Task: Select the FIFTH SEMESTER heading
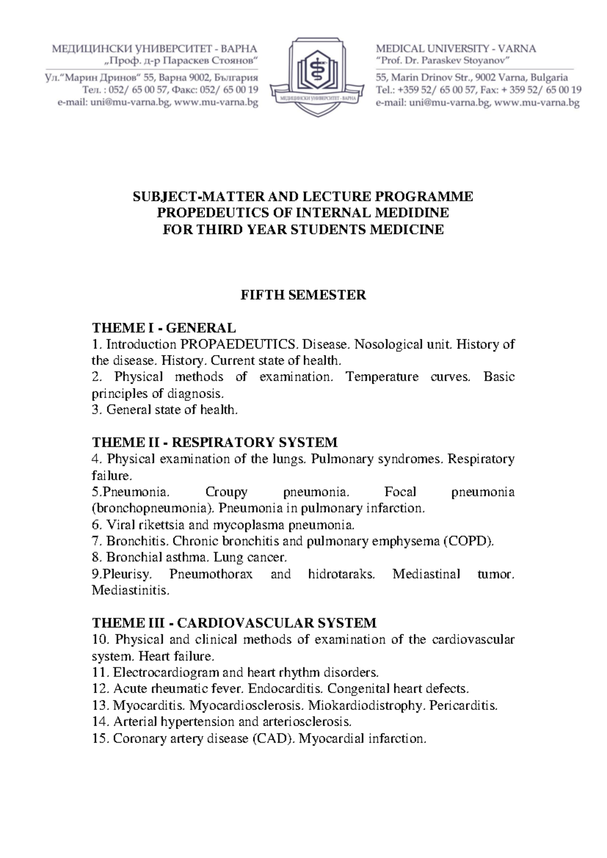[303, 295]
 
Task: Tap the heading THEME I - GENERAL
[163, 328]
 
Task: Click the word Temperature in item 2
[382, 377]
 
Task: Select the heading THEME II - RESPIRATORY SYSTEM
[214, 443]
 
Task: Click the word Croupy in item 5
[226, 492]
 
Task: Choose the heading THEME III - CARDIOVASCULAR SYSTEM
[234, 623]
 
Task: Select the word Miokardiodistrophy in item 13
[367, 705]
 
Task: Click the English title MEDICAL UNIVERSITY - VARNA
[456, 49]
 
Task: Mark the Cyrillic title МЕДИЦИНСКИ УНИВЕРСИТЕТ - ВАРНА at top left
[154, 49]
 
